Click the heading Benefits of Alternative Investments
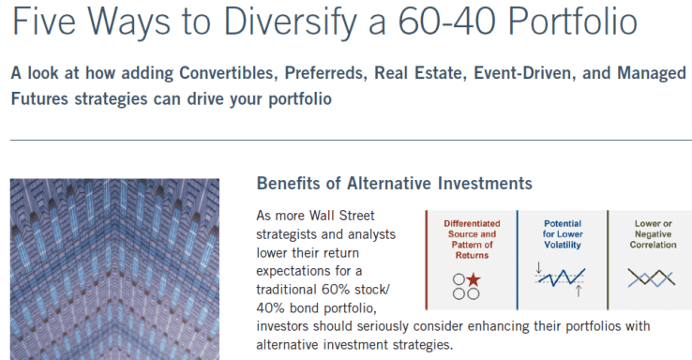tap(394, 183)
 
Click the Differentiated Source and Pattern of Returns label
tap(472, 238)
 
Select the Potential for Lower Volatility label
tap(562, 232)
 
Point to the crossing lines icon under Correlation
tap(651, 278)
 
